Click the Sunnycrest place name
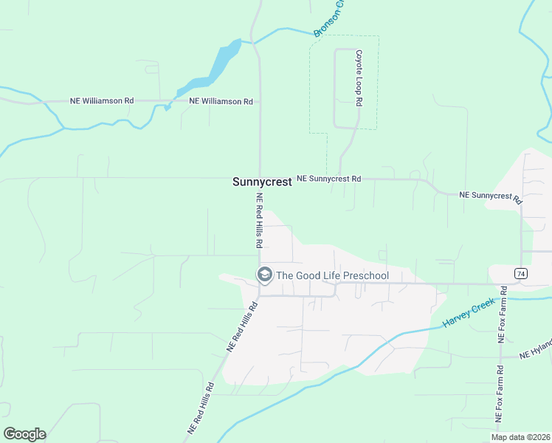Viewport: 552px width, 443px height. (261, 182)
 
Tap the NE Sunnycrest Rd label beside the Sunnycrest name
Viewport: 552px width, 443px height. (328, 179)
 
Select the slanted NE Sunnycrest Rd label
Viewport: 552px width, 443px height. (490, 197)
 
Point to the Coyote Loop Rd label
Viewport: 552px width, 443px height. (359, 79)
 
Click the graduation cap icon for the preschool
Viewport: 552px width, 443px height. (264, 275)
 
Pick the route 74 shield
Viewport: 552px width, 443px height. (521, 274)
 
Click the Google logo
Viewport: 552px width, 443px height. (24, 434)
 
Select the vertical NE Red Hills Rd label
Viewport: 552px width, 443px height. (259, 220)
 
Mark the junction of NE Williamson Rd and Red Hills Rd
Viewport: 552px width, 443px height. (259, 101)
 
